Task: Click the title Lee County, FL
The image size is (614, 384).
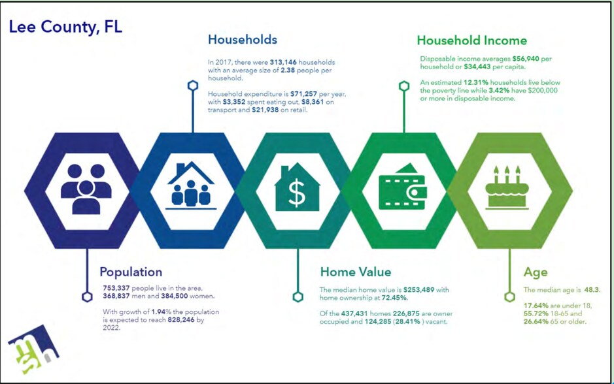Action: (65, 27)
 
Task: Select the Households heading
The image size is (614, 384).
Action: (243, 39)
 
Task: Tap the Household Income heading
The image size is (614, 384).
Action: (471, 40)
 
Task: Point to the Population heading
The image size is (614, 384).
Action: (131, 272)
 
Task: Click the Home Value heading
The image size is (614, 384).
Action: (356, 272)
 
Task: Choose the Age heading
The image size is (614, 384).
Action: (536, 272)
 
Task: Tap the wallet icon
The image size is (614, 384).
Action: (403, 187)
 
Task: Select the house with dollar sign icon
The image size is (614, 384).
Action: (297, 187)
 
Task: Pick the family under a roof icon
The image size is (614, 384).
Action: (191, 185)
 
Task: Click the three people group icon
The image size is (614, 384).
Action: (86, 189)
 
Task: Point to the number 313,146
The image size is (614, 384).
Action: (283, 62)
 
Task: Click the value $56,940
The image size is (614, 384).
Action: (526, 59)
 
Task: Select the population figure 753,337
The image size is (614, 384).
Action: (116, 288)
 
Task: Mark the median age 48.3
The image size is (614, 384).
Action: (591, 290)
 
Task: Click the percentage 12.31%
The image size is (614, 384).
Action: (476, 82)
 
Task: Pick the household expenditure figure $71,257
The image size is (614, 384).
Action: (303, 94)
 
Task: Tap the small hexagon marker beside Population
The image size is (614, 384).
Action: (87, 296)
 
